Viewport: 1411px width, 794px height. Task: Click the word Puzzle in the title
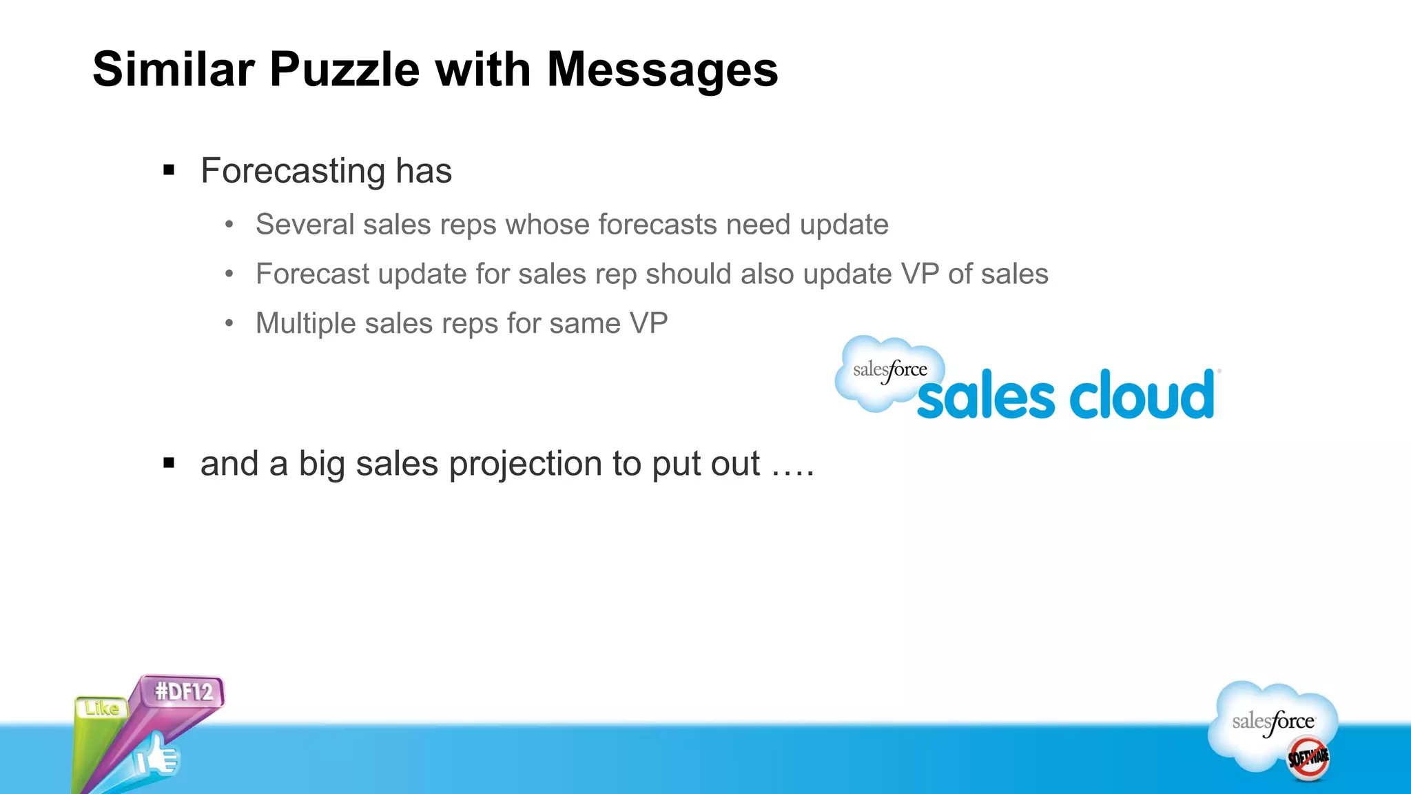click(x=344, y=70)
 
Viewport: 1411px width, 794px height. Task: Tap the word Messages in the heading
click(x=662, y=70)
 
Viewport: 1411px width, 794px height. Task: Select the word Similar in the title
click(x=174, y=70)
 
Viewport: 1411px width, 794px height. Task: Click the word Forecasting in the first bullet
click(x=292, y=171)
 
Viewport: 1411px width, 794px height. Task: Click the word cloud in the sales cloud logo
click(x=1142, y=395)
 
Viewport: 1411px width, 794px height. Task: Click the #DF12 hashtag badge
click(x=184, y=691)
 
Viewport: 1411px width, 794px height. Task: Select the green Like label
click(x=102, y=708)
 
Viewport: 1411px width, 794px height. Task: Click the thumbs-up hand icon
click(x=157, y=757)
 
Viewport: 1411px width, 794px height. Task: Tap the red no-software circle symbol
click(x=1308, y=758)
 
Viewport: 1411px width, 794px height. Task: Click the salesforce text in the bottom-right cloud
click(x=1273, y=722)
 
